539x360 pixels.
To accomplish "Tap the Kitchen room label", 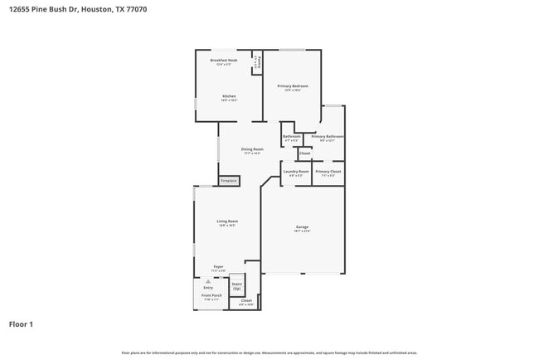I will click(229, 96).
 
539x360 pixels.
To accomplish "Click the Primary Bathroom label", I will click(328, 137).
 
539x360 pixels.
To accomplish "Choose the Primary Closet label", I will click(328, 172).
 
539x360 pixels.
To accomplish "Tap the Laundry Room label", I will click(296, 172).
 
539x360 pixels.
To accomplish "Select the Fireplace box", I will click(228, 180).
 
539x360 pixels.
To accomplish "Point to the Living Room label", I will click(227, 221).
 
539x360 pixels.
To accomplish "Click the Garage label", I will click(302, 227).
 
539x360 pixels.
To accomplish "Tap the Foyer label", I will click(218, 267).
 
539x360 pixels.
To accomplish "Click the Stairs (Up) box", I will click(236, 285).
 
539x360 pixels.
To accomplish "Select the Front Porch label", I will click(211, 296).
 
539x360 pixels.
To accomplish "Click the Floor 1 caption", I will click(21, 324).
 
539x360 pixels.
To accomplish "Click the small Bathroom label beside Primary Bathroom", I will click(291, 137).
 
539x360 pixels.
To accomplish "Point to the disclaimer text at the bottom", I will click(269, 353).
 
